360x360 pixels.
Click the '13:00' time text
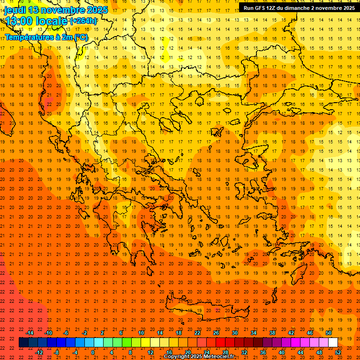(x=20, y=21)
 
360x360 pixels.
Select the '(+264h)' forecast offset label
(x=83, y=21)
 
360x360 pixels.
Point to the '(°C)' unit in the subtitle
(x=80, y=37)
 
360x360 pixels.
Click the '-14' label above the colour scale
(x=30, y=333)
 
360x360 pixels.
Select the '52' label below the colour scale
(x=338, y=352)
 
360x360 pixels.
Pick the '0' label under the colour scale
(x=93, y=352)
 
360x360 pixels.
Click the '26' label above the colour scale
(x=216, y=333)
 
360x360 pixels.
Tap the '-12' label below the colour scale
(x=39, y=352)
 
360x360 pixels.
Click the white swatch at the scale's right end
(x=333, y=343)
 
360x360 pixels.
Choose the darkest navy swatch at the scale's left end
(x=24, y=343)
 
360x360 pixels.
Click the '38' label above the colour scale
(x=272, y=333)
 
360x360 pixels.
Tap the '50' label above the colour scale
(x=329, y=333)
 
